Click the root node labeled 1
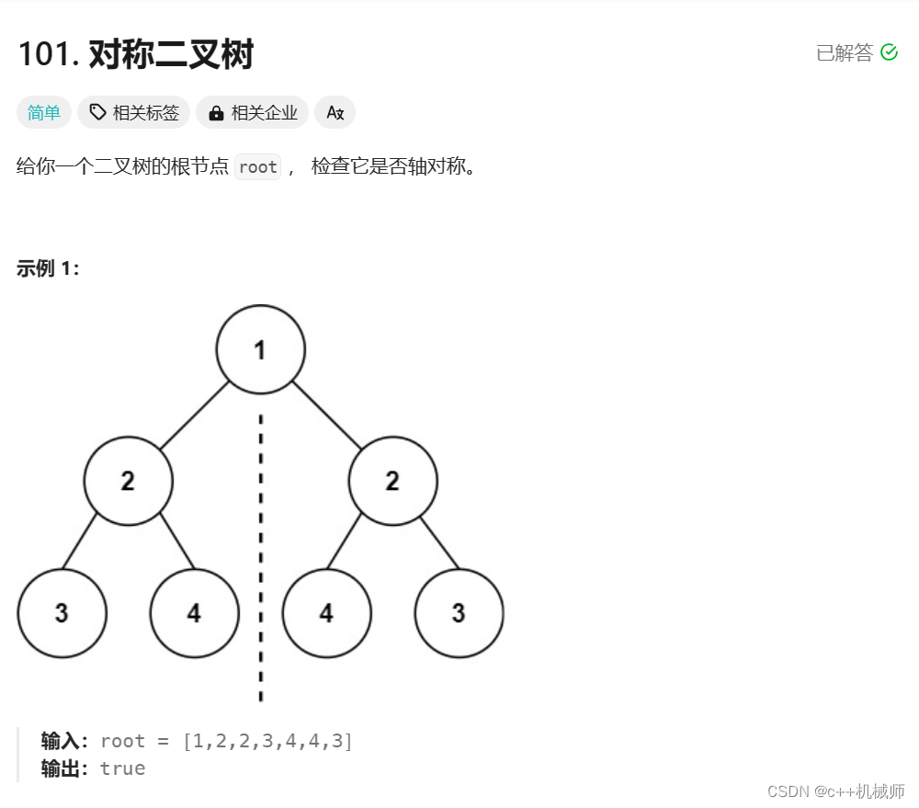260,349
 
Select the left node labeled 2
128,481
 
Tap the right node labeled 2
392,481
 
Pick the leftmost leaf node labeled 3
62,613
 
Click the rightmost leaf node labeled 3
459,613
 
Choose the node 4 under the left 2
194,613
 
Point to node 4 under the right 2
326,613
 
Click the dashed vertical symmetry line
260,552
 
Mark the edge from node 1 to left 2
193,415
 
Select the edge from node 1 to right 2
327,415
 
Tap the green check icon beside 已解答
889,52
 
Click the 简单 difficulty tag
43,113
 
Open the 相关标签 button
134,113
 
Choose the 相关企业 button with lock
253,113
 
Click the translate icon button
335,113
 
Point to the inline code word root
257,167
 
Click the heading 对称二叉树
171,55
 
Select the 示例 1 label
48,268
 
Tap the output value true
123,768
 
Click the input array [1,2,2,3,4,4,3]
268,741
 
